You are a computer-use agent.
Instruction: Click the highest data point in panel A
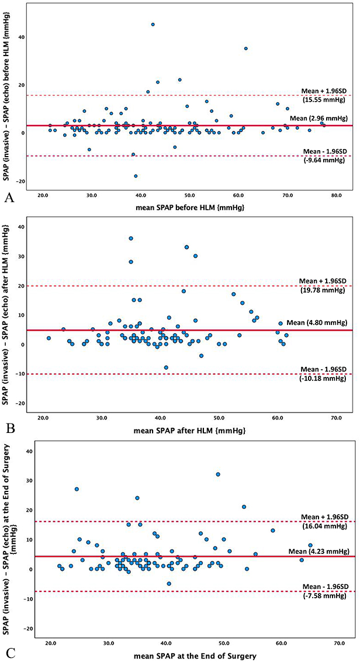tap(153, 25)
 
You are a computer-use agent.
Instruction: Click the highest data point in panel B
tap(131, 238)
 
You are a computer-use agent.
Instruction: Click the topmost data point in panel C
tap(218, 474)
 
